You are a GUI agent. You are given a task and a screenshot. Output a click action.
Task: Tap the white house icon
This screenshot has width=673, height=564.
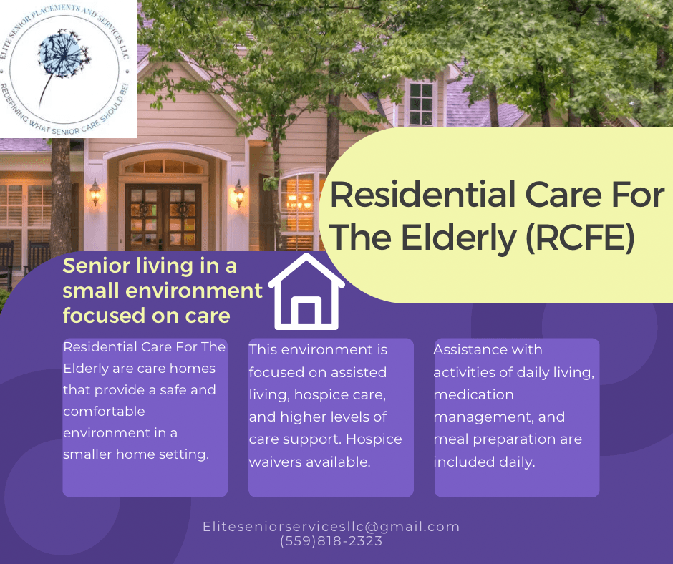(x=306, y=291)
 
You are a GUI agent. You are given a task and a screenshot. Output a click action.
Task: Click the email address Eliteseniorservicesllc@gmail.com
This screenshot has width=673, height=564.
(x=331, y=527)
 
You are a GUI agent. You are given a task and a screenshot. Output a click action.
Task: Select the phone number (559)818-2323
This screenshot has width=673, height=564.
(x=331, y=541)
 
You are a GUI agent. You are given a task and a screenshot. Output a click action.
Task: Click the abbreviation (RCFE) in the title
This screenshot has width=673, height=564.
(x=580, y=238)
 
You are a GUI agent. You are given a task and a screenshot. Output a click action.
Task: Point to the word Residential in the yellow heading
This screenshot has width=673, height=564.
(x=422, y=195)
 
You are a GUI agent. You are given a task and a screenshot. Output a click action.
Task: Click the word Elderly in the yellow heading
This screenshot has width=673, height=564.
(x=459, y=238)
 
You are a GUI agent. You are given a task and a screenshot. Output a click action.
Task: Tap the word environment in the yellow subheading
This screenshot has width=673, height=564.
(x=193, y=291)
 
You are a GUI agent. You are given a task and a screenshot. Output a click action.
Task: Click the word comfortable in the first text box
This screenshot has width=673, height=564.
(x=105, y=412)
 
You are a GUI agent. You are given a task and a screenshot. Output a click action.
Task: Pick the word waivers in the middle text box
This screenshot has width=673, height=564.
(x=276, y=462)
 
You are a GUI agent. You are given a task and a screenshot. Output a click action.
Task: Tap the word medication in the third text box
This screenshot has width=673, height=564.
(x=473, y=394)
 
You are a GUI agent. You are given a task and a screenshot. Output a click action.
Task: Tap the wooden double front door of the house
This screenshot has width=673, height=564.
(x=163, y=217)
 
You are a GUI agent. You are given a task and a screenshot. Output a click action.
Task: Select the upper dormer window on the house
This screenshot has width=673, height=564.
(x=421, y=104)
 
